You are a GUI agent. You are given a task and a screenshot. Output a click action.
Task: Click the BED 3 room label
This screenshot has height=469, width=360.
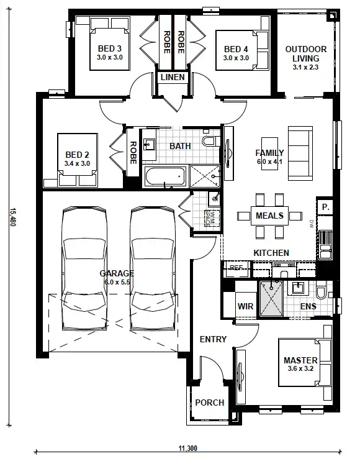point(109,49)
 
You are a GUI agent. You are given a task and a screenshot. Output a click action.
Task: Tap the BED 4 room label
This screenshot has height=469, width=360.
point(236,49)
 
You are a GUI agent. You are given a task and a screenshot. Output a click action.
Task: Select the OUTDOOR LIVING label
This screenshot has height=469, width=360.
point(305,53)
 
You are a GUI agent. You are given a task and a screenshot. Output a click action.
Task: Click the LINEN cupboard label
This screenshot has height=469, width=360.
point(171,78)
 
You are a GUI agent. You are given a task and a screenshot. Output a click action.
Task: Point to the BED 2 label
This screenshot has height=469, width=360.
point(76,155)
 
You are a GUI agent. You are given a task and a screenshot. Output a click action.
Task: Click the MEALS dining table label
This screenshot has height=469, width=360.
point(269,216)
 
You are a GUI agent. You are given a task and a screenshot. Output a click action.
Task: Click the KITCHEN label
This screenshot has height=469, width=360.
point(271,253)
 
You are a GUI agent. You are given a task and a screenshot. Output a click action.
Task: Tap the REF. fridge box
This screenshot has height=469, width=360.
point(236,268)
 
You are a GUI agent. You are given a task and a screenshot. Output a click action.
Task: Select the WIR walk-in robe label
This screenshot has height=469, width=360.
point(245,306)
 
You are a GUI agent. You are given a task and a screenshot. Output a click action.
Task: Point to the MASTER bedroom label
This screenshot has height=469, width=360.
point(300,360)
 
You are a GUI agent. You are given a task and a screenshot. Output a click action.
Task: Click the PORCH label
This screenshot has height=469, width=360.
point(209,403)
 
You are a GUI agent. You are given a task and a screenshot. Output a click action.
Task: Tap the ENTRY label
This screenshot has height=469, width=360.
point(213,339)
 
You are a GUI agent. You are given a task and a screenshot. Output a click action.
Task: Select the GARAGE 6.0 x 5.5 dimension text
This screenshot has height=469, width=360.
point(117,281)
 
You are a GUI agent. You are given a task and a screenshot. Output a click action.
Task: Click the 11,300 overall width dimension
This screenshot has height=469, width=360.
point(187,448)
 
